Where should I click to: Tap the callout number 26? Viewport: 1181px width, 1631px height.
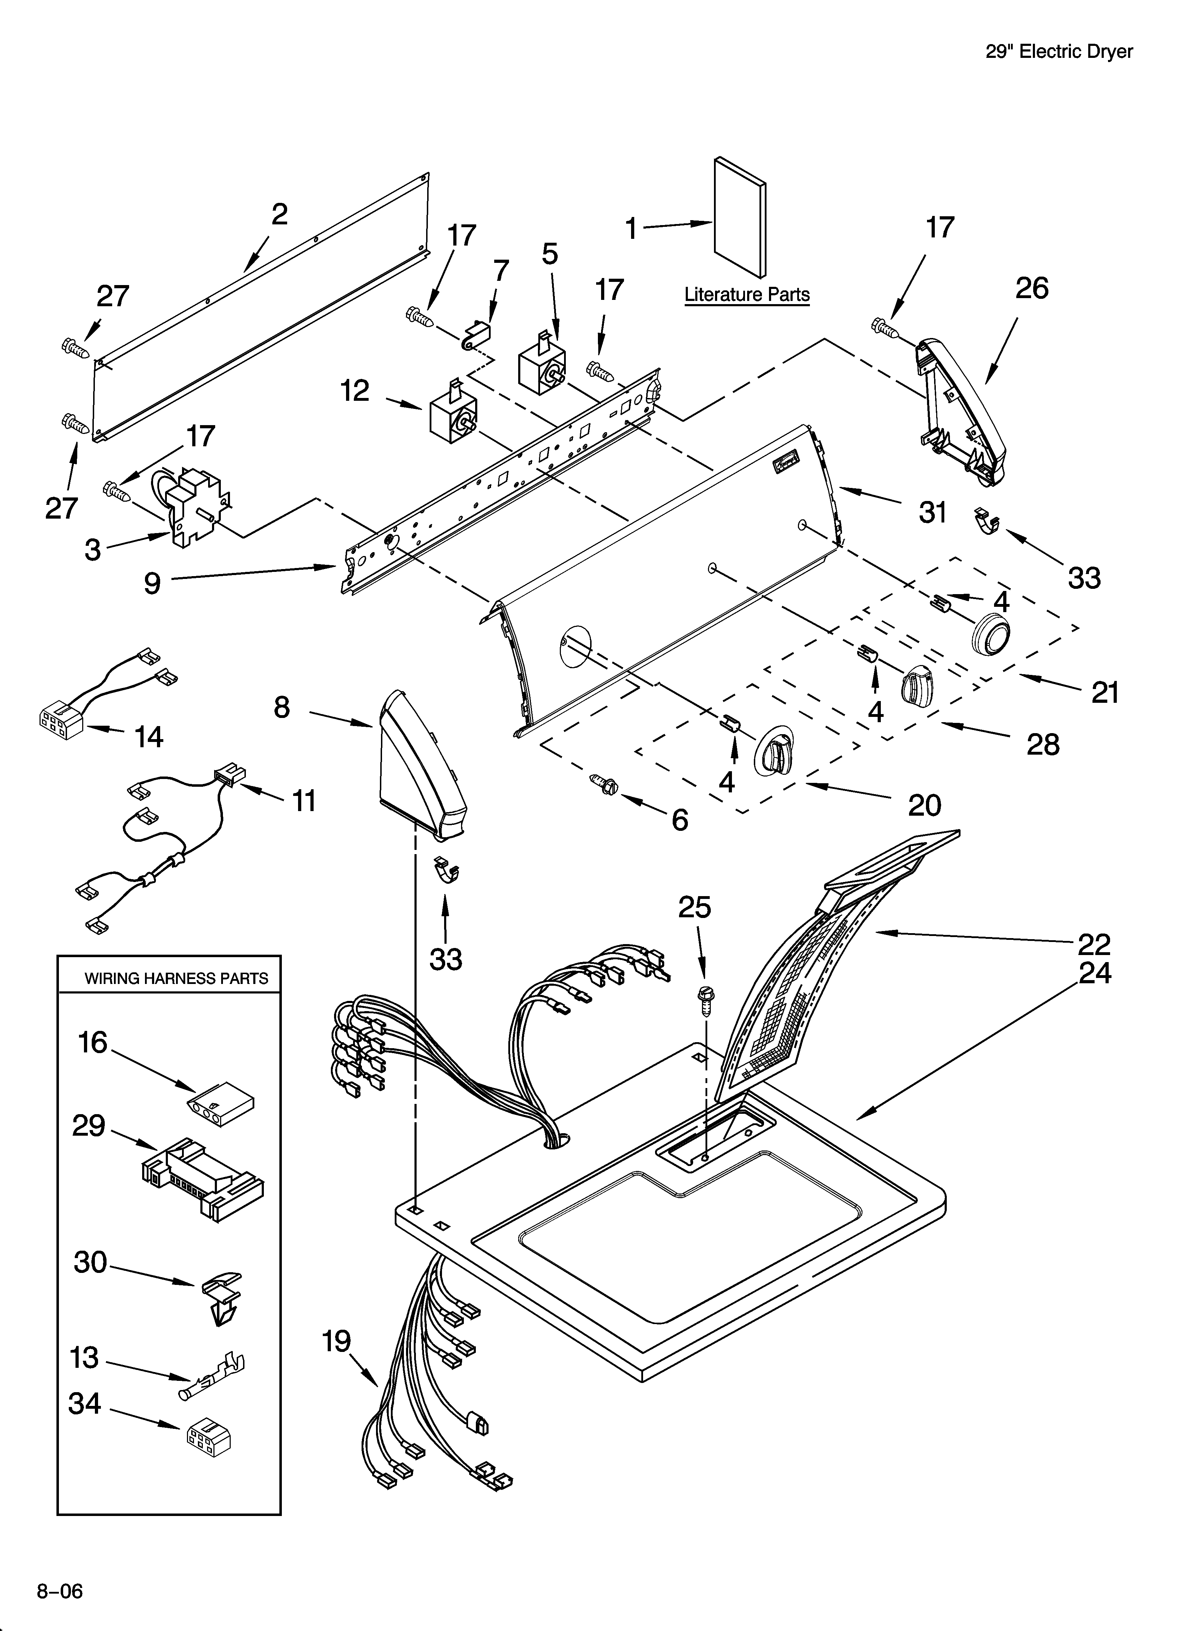[1031, 288]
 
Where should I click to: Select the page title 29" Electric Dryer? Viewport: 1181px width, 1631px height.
[1059, 52]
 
